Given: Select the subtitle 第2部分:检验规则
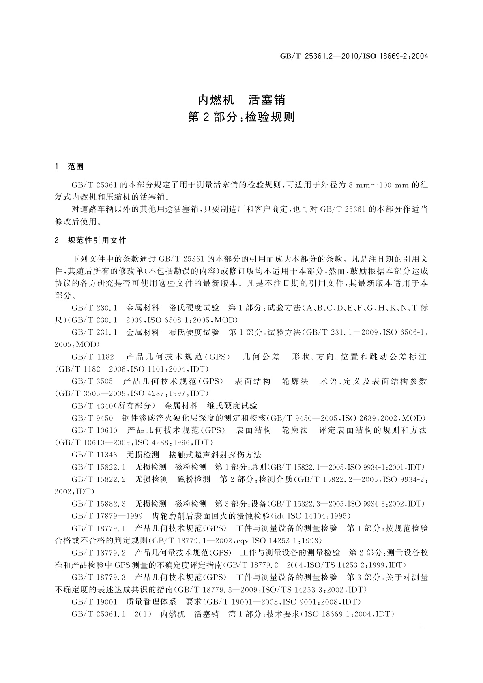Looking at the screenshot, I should pos(241,117).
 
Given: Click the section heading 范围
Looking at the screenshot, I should pos(76,167).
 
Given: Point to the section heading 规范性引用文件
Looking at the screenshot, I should pos(97,241).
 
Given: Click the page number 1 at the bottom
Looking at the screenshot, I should pos(421,627).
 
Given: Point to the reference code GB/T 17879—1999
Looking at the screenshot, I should pos(107,516).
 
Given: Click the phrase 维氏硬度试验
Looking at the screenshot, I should pos(232,406).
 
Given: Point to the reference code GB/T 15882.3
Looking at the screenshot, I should pos(99,504).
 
